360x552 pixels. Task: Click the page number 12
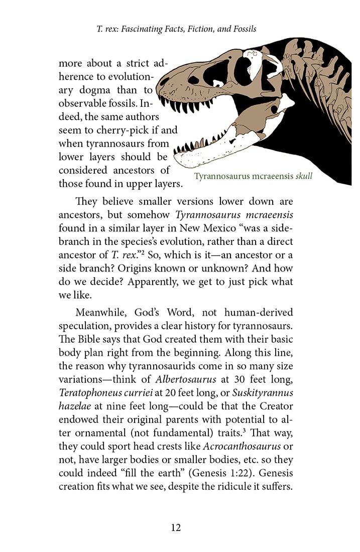(175, 527)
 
